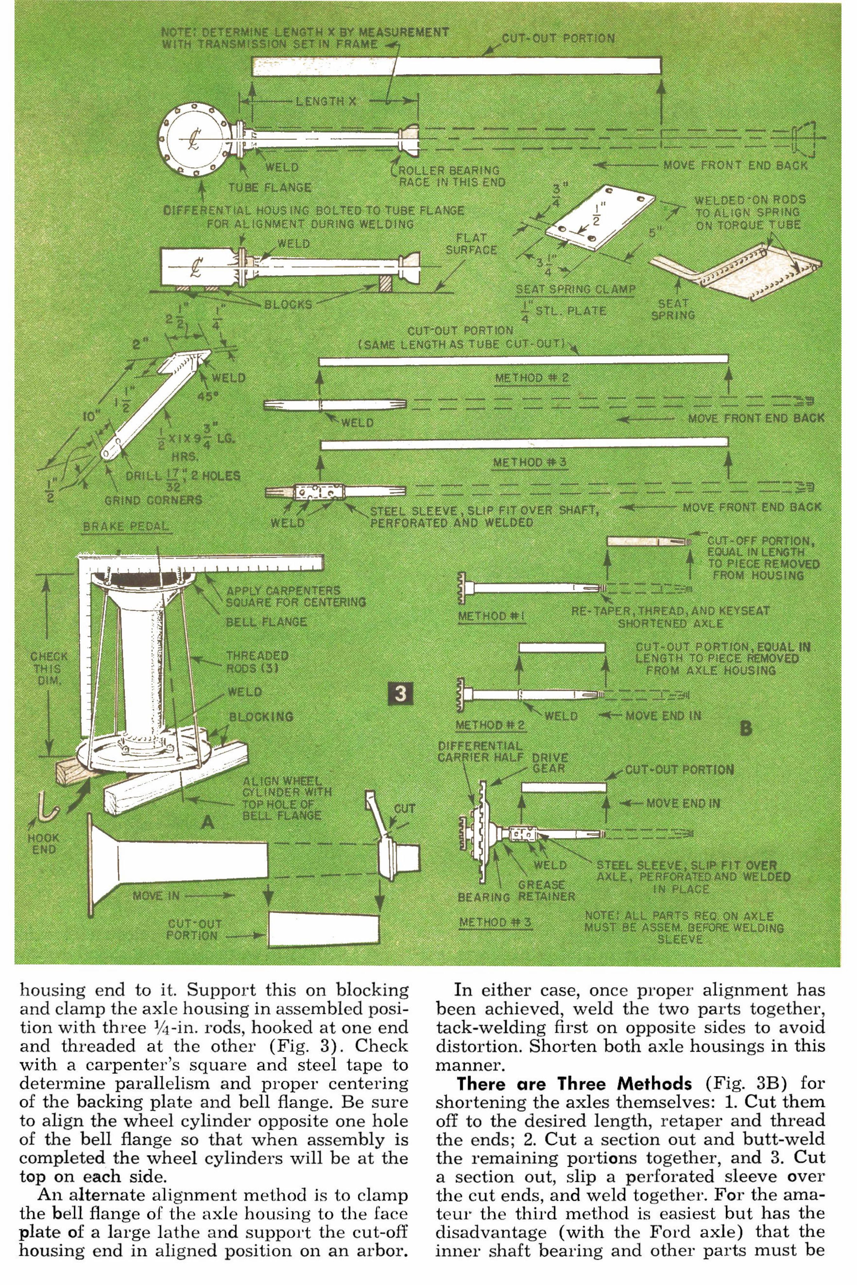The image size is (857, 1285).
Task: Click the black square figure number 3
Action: pyautogui.click(x=401, y=694)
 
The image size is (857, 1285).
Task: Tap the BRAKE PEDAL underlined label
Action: pyautogui.click(x=126, y=527)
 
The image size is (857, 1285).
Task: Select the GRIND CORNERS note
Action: pyautogui.click(x=153, y=499)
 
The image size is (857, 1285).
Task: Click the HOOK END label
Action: pyautogui.click(x=44, y=843)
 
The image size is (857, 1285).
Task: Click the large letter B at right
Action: pyautogui.click(x=745, y=728)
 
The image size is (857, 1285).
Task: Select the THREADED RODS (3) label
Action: pyautogui.click(x=258, y=662)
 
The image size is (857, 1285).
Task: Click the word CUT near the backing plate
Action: pyautogui.click(x=404, y=808)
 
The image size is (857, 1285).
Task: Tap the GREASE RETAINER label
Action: pyautogui.click(x=546, y=890)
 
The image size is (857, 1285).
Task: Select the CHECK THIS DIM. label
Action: pyautogui.click(x=49, y=669)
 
